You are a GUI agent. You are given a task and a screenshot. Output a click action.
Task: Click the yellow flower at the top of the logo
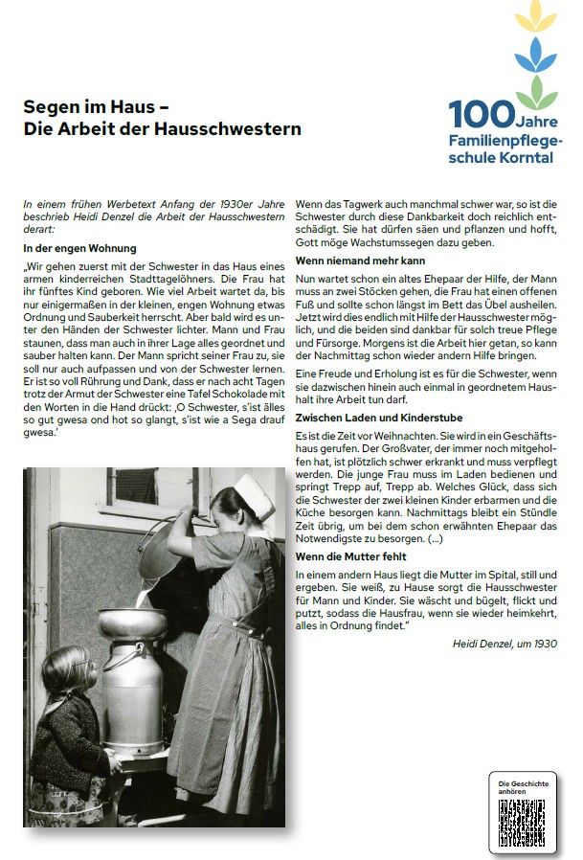click(534, 16)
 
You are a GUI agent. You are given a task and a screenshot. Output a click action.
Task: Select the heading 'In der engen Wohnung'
click(79, 249)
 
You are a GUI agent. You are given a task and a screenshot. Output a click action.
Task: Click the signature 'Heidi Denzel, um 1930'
click(505, 644)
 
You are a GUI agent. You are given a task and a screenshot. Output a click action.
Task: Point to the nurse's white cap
click(251, 487)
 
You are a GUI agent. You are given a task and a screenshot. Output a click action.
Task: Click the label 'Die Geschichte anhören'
click(523, 787)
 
